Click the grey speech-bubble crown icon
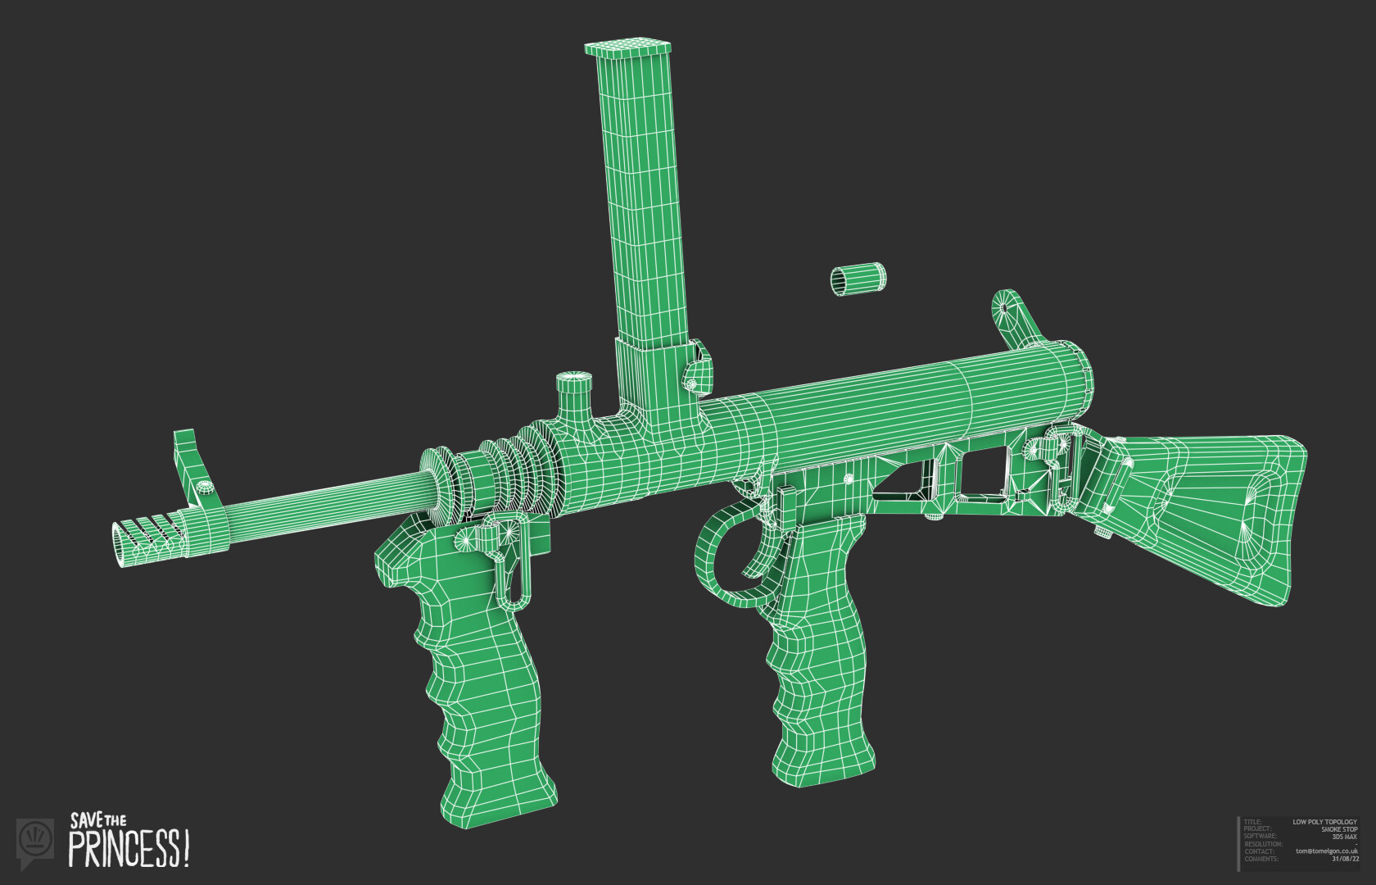click(35, 840)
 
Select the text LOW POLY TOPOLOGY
click(1324, 822)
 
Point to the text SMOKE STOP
click(1338, 829)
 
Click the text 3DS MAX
click(1344, 837)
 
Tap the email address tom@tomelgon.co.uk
click(1326, 851)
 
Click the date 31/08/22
click(1344, 859)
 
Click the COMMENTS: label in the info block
click(1261, 859)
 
